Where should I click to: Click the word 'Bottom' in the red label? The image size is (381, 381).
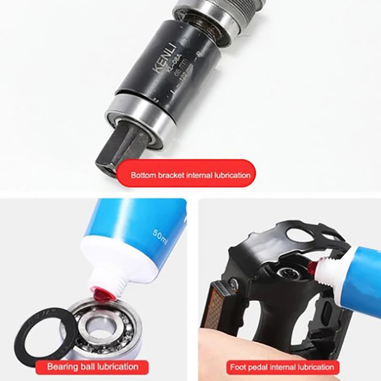(143, 175)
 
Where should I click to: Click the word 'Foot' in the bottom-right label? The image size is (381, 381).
(239, 367)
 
